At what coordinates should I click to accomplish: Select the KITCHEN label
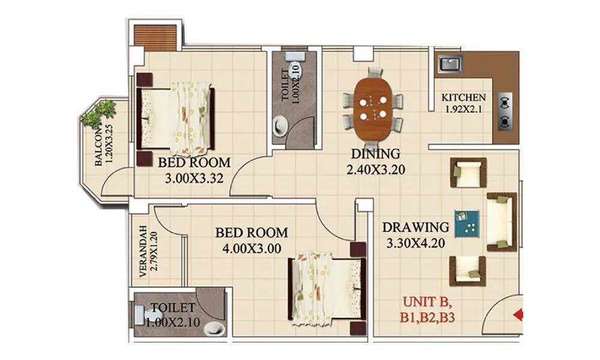(464, 98)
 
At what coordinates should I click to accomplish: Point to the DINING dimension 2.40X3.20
(376, 170)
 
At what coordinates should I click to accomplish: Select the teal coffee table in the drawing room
(466, 223)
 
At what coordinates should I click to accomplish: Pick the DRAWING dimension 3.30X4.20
(415, 244)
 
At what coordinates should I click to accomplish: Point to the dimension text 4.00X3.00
(251, 248)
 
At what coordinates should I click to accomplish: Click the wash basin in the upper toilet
(280, 127)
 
